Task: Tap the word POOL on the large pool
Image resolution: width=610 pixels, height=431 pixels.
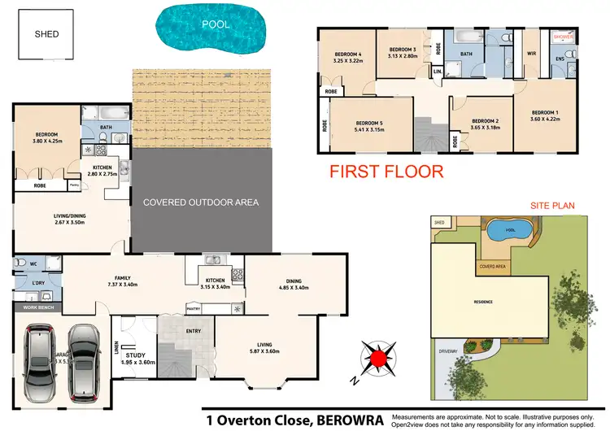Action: pyautogui.click(x=216, y=24)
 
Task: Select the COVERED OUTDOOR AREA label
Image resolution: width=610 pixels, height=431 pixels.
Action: pyautogui.click(x=201, y=202)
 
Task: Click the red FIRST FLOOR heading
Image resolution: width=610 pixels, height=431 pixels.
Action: pyautogui.click(x=386, y=172)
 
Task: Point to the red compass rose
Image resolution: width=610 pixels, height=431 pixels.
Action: pyautogui.click(x=377, y=358)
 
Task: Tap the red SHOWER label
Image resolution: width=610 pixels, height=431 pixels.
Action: pyautogui.click(x=563, y=37)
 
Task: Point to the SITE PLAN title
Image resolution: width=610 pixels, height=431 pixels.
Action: pyautogui.click(x=552, y=206)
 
